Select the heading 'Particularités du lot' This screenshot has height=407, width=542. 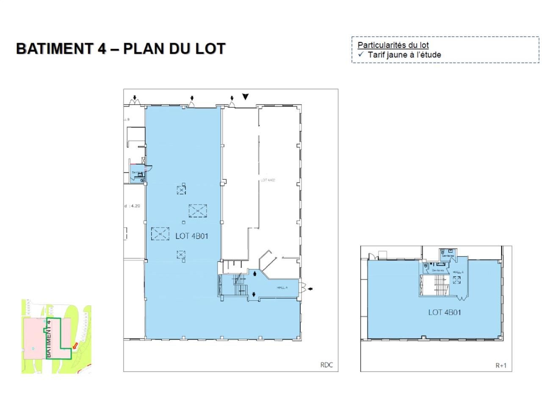(x=393, y=45)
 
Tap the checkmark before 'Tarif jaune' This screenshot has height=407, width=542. (x=361, y=54)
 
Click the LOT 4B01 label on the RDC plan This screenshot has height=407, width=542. (x=192, y=236)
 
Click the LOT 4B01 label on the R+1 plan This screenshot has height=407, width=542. (x=444, y=312)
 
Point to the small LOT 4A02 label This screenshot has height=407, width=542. (x=268, y=180)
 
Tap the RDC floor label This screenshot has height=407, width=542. (x=326, y=365)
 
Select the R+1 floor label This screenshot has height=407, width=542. (x=501, y=365)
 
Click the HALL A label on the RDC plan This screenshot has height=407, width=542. (x=282, y=287)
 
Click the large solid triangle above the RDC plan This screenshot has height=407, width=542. (x=245, y=97)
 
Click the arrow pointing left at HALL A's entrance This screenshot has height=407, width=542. (x=310, y=289)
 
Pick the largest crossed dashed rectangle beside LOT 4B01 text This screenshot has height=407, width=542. (x=198, y=211)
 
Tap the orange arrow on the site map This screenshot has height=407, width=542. (x=75, y=347)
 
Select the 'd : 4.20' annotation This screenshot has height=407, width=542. (x=132, y=206)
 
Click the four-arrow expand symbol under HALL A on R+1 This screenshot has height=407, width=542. (x=456, y=280)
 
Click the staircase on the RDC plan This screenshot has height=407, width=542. (x=240, y=285)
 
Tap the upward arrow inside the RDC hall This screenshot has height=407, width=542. (x=254, y=274)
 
